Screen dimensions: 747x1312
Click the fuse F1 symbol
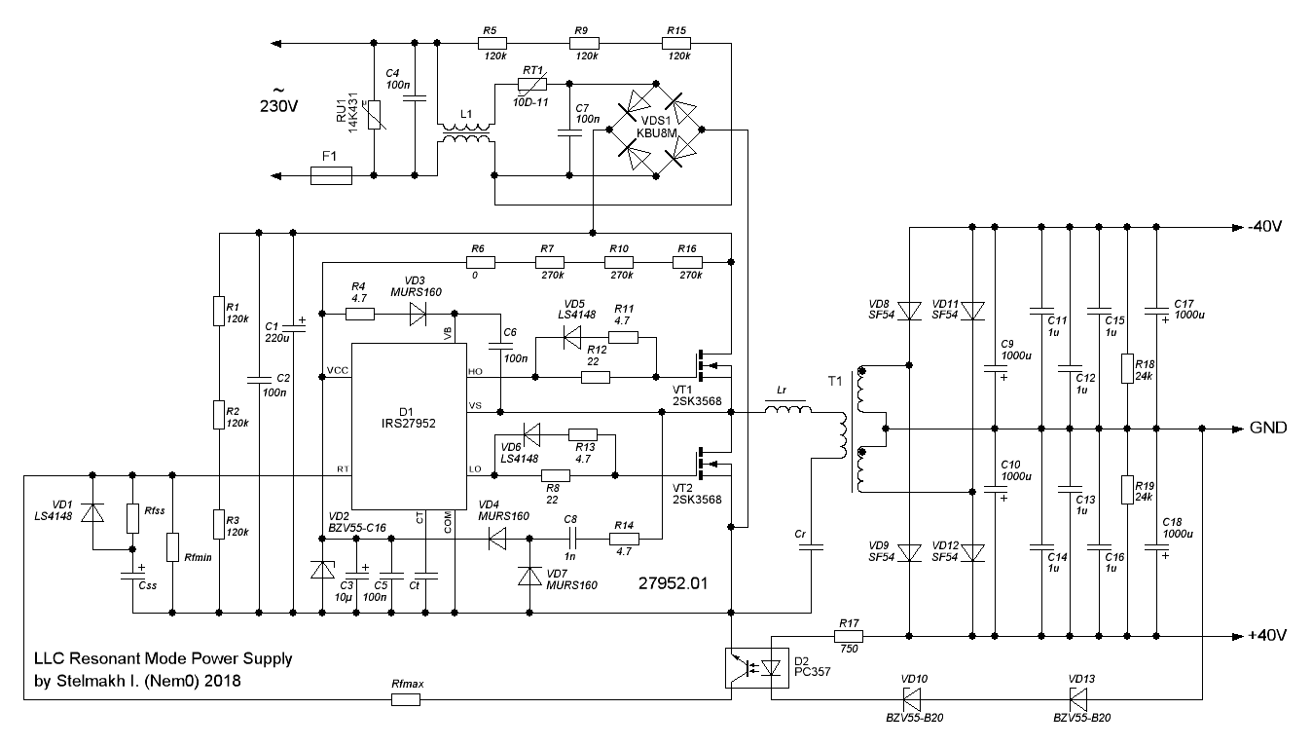point(331,176)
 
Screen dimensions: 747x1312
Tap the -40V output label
point(1266,227)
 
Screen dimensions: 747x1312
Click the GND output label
point(1268,429)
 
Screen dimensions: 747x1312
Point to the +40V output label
point(1266,635)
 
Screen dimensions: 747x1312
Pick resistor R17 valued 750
point(847,635)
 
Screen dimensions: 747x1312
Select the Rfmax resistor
point(406,699)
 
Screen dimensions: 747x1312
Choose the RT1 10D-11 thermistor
point(532,86)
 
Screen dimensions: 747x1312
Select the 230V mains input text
point(279,106)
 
